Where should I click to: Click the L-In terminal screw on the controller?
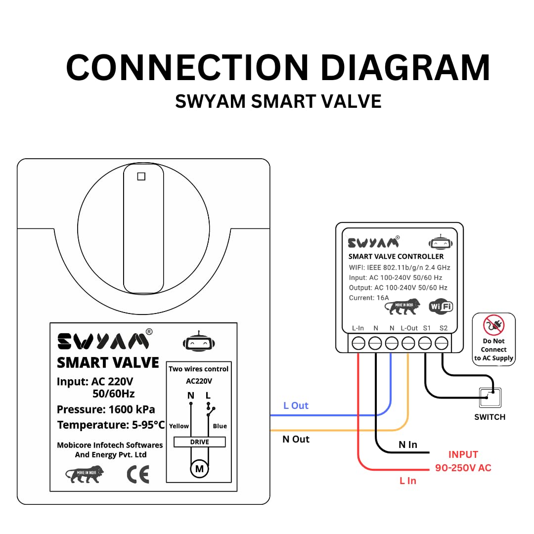[x=358, y=343]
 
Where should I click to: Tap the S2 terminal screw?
[x=442, y=343]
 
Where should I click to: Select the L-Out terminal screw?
[x=408, y=343]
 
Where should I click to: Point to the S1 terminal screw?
[x=425, y=343]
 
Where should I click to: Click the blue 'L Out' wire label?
[x=296, y=405]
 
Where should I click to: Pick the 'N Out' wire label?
[x=296, y=439]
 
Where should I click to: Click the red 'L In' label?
[x=408, y=481]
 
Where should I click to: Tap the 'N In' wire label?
[x=408, y=445]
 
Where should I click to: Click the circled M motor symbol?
[x=199, y=469]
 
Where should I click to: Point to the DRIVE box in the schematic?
[x=199, y=442]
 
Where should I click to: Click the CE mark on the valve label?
[x=138, y=475]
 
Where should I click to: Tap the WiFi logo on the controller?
[x=441, y=307]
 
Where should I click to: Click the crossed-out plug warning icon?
[x=493, y=325]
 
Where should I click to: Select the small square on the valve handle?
[x=141, y=177]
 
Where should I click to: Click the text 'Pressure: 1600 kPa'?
[x=106, y=409]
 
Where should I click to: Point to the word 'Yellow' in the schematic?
[x=179, y=426]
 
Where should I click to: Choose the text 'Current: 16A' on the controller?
[x=369, y=298]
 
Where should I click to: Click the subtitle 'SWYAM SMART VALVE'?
[x=278, y=101]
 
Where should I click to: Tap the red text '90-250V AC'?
[x=463, y=468]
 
